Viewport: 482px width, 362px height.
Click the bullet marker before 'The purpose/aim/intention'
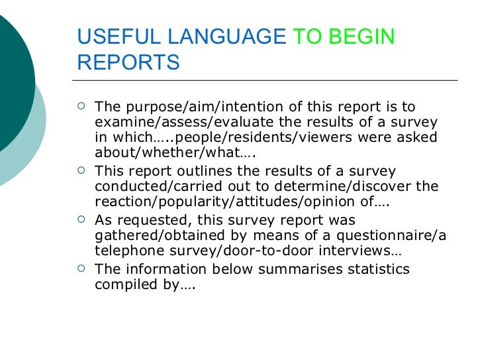tap(81, 106)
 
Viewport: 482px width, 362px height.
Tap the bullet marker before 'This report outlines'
tap(81, 170)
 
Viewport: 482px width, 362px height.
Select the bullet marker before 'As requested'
tap(81, 219)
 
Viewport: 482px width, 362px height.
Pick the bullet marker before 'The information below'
tap(81, 268)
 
